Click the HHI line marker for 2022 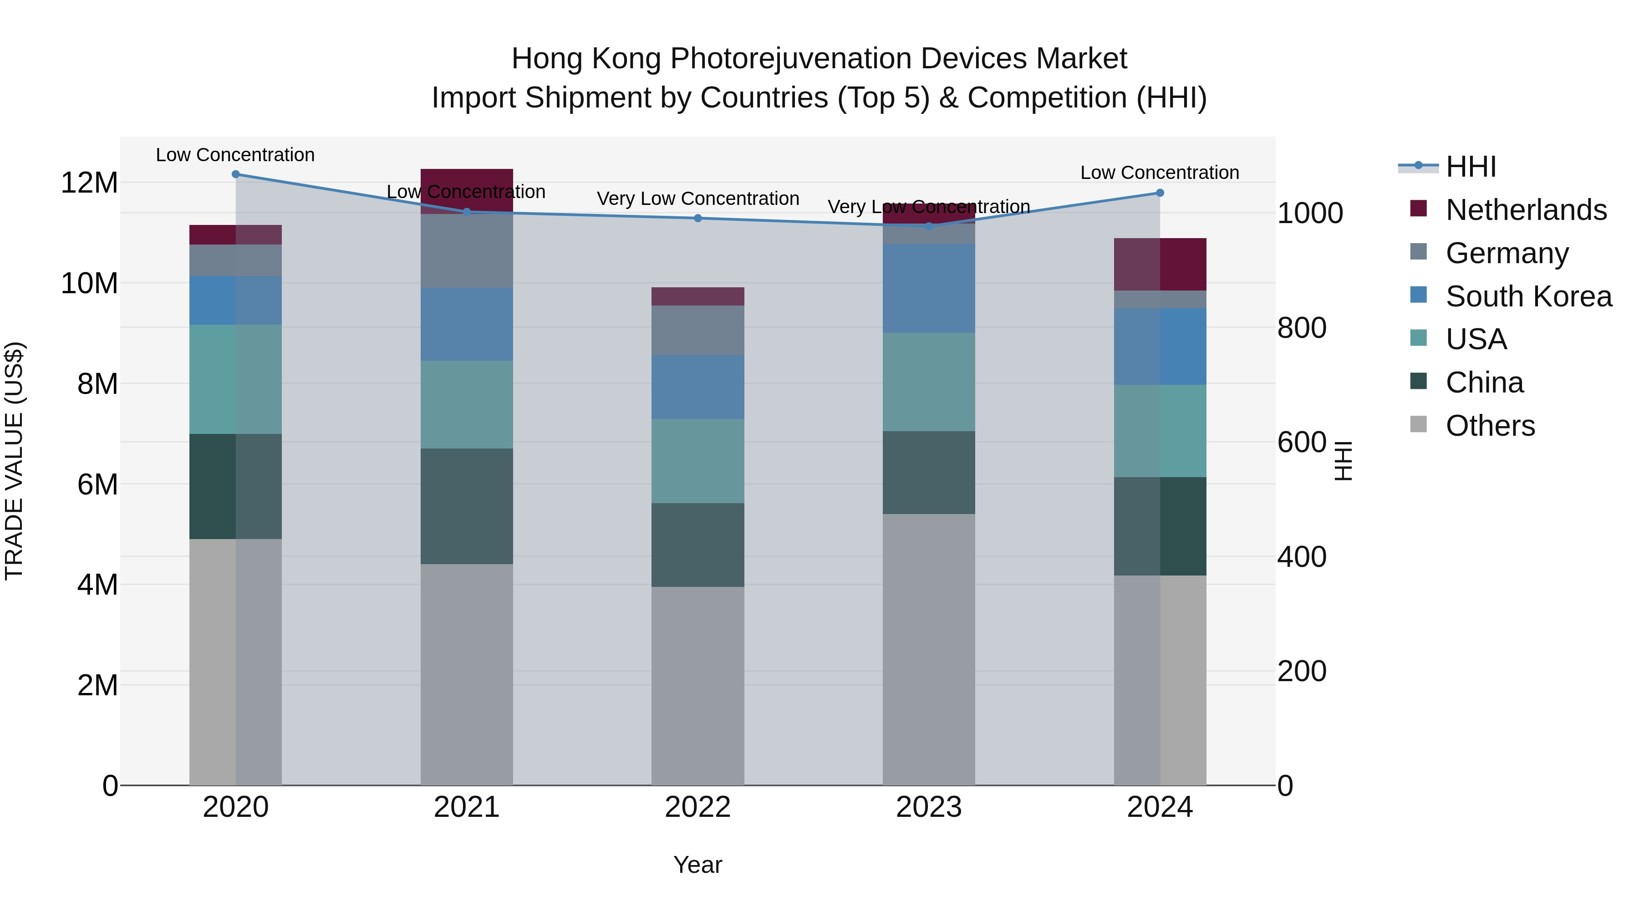[x=697, y=218]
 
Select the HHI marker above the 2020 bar [x=235, y=174]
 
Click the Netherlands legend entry [x=1526, y=210]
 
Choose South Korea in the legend [x=1528, y=296]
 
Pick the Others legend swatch [x=1418, y=424]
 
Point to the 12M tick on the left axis [x=89, y=183]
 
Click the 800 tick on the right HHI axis [x=1301, y=328]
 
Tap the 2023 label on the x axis [x=928, y=807]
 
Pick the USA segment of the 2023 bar [x=928, y=382]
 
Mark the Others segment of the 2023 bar [x=928, y=649]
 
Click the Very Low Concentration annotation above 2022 [x=697, y=199]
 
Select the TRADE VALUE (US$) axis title [x=14, y=461]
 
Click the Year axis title [x=697, y=865]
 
